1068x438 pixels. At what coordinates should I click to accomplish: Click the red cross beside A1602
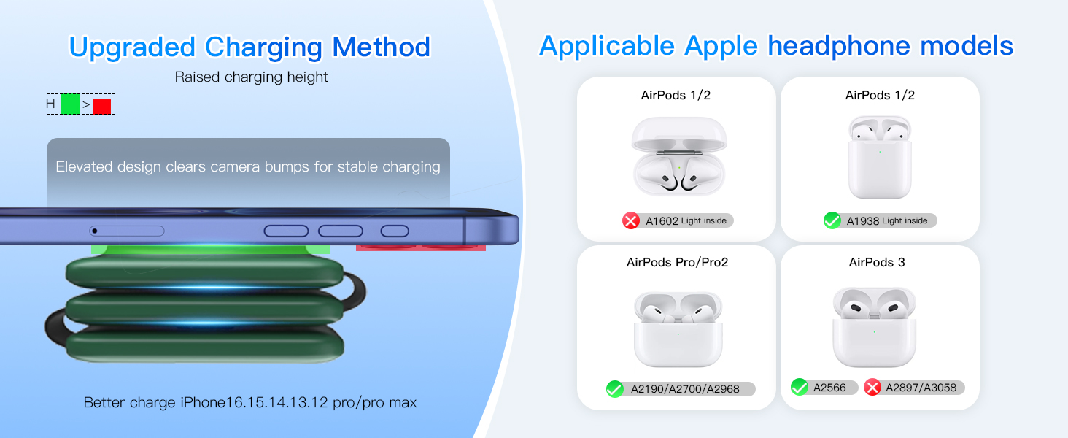(631, 220)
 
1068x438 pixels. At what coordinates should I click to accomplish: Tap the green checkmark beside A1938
(832, 220)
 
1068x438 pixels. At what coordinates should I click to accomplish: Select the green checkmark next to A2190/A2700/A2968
(615, 389)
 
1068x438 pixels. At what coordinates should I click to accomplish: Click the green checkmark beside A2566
(800, 387)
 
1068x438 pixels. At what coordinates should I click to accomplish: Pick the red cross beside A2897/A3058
(872, 387)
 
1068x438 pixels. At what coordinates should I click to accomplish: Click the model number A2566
(829, 388)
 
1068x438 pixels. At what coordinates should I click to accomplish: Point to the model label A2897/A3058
(920, 388)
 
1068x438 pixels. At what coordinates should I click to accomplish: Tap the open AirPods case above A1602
(679, 157)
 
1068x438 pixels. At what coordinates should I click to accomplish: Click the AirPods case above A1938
(880, 157)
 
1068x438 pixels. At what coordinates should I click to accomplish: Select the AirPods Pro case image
(678, 329)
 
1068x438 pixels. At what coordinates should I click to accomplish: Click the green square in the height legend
(70, 104)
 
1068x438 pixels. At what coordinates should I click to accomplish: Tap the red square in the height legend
(101, 107)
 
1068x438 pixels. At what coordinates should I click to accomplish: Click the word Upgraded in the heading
(133, 47)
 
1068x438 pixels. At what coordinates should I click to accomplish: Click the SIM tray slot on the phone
(127, 231)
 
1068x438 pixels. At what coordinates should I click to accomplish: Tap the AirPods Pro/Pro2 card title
(677, 262)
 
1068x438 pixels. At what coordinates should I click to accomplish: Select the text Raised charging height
(251, 77)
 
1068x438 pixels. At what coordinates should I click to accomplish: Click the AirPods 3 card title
(877, 262)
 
